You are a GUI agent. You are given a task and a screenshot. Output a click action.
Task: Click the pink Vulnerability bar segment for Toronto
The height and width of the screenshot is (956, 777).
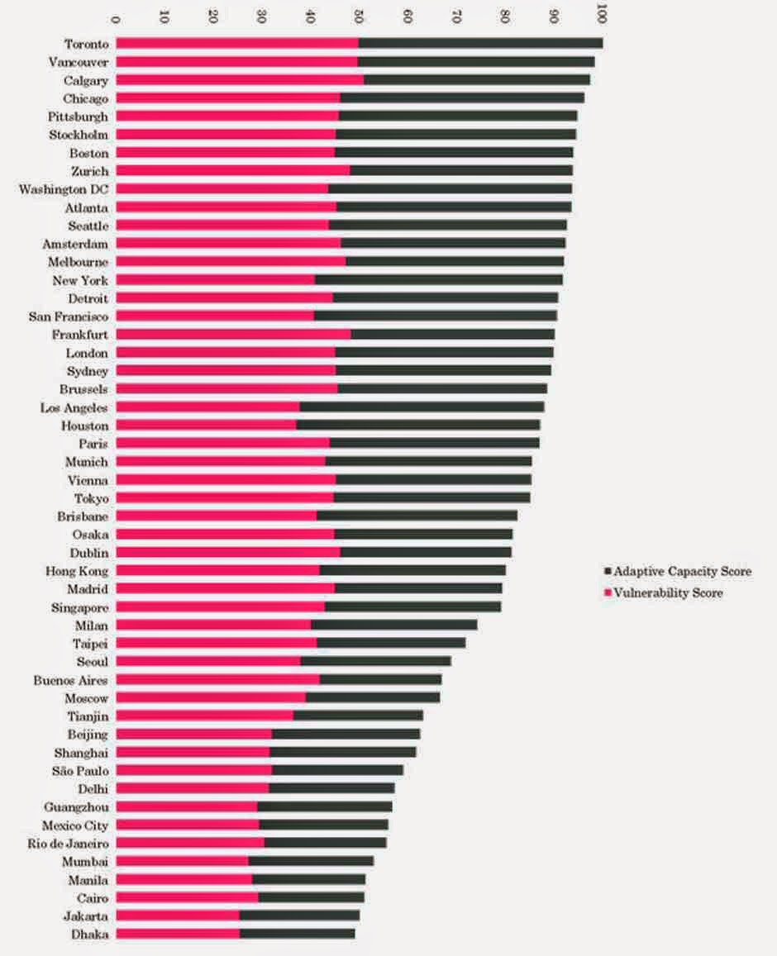click(x=237, y=43)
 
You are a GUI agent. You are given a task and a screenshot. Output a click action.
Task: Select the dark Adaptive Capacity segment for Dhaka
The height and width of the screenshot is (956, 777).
click(x=297, y=934)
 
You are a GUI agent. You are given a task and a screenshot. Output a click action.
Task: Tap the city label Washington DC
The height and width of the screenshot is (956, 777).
click(x=64, y=189)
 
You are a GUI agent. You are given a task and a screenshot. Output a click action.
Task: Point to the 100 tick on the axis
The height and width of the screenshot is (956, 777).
click(x=602, y=14)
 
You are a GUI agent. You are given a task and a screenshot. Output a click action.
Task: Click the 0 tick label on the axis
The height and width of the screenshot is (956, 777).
click(x=115, y=19)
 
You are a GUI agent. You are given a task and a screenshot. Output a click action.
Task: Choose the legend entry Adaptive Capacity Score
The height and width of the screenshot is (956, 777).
click(x=678, y=571)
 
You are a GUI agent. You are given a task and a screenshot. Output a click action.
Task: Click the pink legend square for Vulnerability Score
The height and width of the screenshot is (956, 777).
click(x=608, y=592)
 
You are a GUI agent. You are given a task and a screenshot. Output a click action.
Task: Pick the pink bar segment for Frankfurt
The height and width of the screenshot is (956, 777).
click(x=233, y=334)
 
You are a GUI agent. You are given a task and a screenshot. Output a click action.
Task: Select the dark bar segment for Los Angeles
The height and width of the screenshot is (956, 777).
click(x=422, y=407)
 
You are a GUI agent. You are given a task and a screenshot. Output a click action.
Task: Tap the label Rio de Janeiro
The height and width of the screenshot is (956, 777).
click(x=69, y=843)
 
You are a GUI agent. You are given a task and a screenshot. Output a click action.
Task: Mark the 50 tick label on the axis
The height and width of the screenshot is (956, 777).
click(x=359, y=17)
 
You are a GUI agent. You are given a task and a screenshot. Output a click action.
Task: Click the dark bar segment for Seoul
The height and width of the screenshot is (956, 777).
click(x=376, y=661)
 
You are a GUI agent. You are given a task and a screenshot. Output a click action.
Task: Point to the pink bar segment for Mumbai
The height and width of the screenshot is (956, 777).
click(x=183, y=861)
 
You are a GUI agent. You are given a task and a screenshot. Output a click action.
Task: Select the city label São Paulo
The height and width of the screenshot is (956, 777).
click(x=80, y=771)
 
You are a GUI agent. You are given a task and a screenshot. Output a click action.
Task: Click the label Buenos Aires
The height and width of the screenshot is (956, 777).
click(x=71, y=680)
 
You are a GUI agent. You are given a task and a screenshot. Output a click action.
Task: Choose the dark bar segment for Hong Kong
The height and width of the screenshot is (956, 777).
click(x=413, y=570)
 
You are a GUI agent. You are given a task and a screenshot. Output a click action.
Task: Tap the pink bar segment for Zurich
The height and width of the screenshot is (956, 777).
click(x=233, y=170)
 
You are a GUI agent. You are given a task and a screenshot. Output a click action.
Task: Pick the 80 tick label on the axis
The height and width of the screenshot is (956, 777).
click(x=504, y=17)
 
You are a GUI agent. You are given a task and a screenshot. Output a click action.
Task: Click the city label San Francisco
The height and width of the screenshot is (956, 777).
click(x=69, y=316)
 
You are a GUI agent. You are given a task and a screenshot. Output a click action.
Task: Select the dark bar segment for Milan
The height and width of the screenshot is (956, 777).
click(x=394, y=625)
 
